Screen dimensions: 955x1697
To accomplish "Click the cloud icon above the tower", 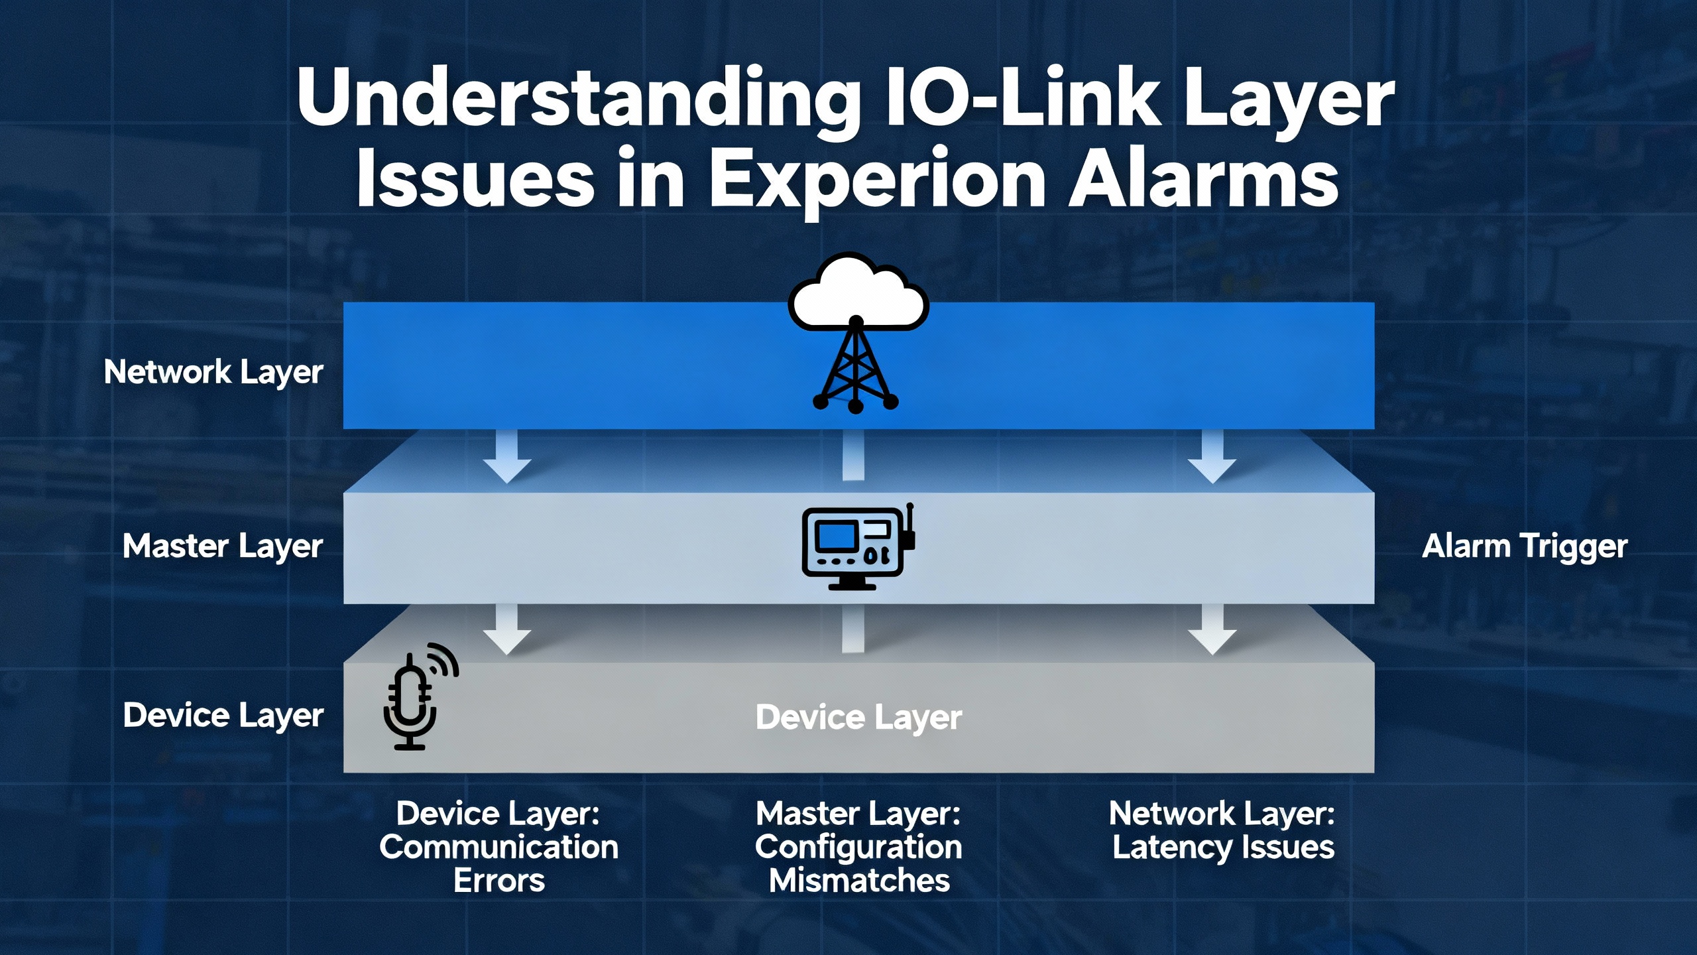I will [858, 292].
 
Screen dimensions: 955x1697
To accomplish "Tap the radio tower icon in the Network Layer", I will [856, 368].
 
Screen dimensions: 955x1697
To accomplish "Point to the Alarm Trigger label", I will [1525, 547].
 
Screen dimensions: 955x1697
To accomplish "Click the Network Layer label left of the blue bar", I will [213, 372].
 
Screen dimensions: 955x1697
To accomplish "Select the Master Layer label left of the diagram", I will [223, 547].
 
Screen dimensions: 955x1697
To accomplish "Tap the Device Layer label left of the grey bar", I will [223, 716].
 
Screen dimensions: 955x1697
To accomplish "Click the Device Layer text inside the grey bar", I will [858, 718].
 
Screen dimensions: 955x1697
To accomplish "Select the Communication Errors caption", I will [498, 848].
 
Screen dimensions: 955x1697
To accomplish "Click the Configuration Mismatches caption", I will [858, 848].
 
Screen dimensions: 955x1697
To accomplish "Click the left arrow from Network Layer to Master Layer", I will [507, 458].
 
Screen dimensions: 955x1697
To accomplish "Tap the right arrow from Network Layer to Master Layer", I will [1212, 458].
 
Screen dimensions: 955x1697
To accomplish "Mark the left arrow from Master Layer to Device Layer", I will [507, 630].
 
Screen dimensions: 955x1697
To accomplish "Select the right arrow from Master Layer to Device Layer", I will [1212, 630].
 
